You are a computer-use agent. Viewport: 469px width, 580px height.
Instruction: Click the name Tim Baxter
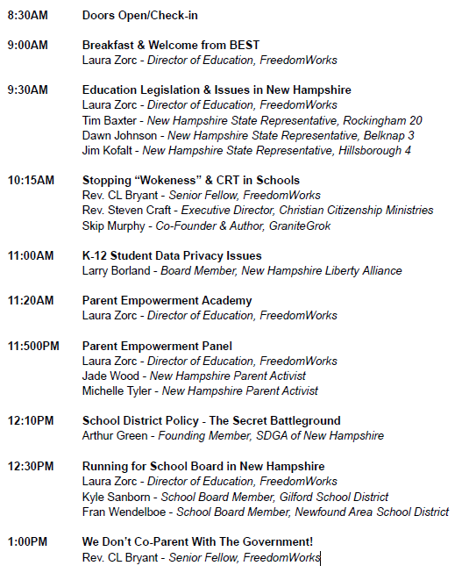tap(110, 120)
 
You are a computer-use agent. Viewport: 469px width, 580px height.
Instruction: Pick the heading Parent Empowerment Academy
tap(167, 300)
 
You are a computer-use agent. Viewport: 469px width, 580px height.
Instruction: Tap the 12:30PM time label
tap(31, 466)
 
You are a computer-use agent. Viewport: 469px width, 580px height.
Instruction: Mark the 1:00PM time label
tap(27, 541)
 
